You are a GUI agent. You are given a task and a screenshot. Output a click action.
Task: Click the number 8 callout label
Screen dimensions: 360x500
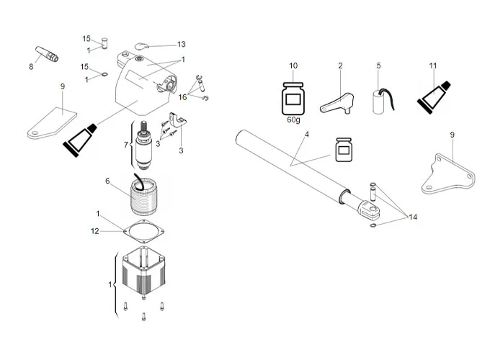(31, 66)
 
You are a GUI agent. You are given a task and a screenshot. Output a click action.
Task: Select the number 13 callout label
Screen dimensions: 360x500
(182, 44)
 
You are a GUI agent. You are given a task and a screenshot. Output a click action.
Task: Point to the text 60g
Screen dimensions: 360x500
(293, 120)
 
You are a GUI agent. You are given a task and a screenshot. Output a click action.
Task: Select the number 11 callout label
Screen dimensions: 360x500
(433, 66)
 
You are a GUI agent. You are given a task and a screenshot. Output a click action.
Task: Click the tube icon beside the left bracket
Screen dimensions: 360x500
(80, 135)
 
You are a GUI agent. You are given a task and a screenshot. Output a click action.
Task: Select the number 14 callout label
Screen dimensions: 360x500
(413, 217)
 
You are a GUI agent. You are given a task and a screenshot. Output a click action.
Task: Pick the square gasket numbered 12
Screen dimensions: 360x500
(146, 231)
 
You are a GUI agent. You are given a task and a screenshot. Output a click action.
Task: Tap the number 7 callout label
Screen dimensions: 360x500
(126, 145)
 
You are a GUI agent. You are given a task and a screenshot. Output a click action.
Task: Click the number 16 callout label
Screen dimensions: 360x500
(183, 96)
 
